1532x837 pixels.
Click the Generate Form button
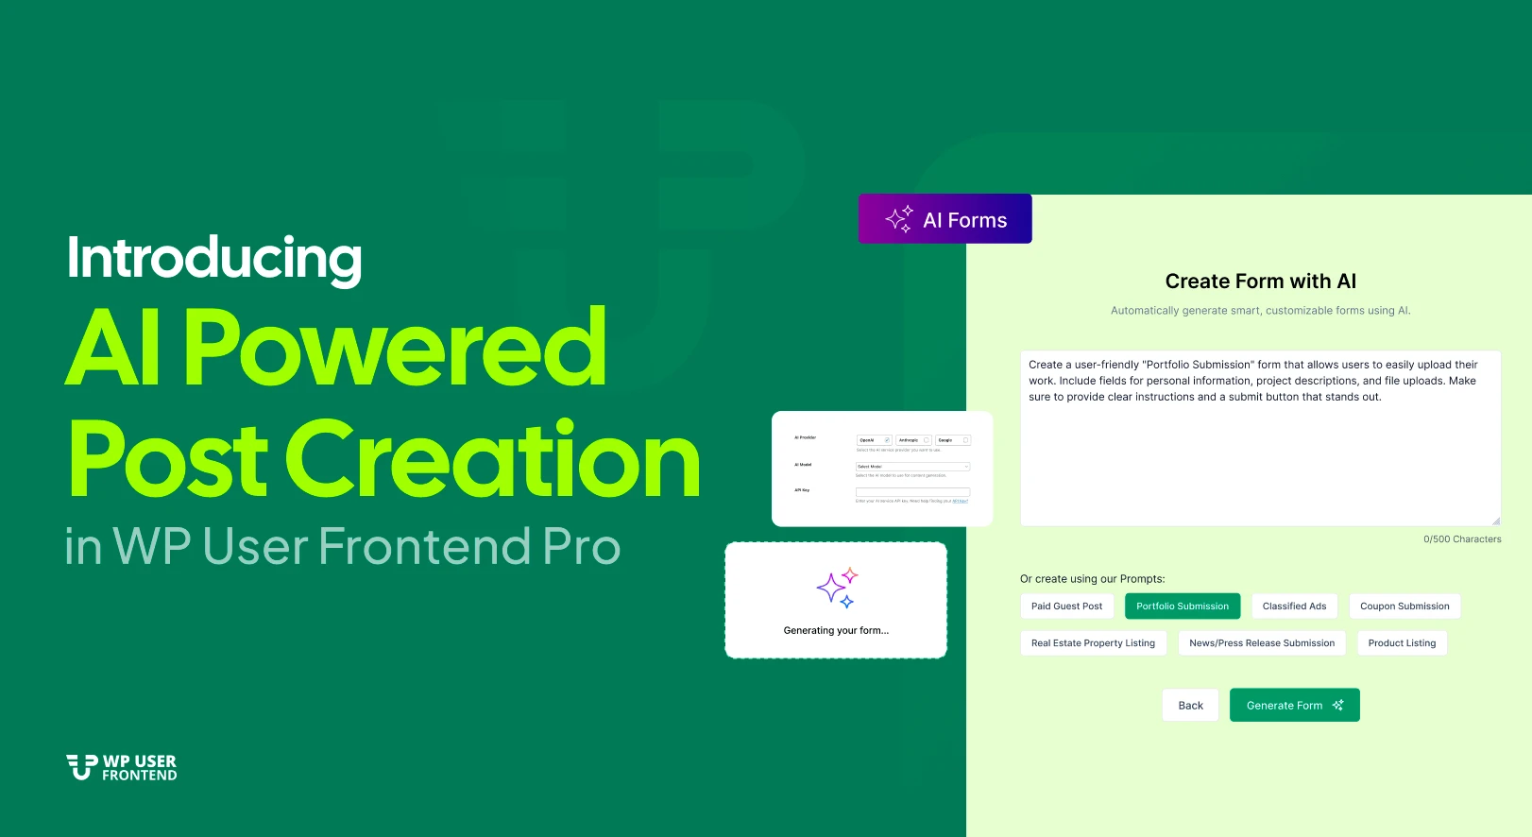pyautogui.click(x=1294, y=705)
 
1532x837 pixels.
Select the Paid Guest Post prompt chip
pyautogui.click(x=1066, y=606)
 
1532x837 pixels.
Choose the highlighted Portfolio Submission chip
pyautogui.click(x=1183, y=606)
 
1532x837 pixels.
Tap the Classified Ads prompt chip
pyautogui.click(x=1294, y=606)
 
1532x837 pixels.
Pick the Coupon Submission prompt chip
pyautogui.click(x=1404, y=606)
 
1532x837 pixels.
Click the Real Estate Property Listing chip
pyautogui.click(x=1093, y=643)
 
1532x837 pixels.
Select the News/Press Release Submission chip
pyautogui.click(x=1262, y=643)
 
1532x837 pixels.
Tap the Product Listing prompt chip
pyautogui.click(x=1402, y=643)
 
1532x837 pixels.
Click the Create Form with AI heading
pyautogui.click(x=1260, y=282)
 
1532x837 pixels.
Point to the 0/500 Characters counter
pyautogui.click(x=1462, y=539)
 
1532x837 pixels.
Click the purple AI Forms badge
pyautogui.click(x=945, y=219)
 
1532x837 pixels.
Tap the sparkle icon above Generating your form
pyautogui.click(x=837, y=589)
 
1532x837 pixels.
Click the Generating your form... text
pyautogui.click(x=836, y=631)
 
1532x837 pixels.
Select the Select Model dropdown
pyautogui.click(x=912, y=467)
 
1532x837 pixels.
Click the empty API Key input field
pyautogui.click(x=912, y=492)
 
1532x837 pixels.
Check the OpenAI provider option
pyautogui.click(x=874, y=440)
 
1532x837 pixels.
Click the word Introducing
pyautogui.click(x=214, y=258)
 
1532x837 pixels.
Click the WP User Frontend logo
pyautogui.click(x=122, y=767)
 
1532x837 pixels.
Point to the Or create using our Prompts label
pyautogui.click(x=1092, y=579)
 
